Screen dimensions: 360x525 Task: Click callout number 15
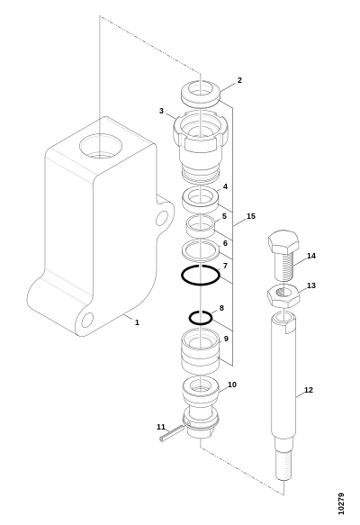(x=251, y=216)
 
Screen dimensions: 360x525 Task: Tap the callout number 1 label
(x=137, y=322)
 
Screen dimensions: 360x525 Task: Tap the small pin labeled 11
(x=172, y=433)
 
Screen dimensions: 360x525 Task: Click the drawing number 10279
(x=341, y=503)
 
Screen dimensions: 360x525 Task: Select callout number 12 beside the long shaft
(x=309, y=390)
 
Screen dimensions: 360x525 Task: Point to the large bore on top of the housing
(x=101, y=146)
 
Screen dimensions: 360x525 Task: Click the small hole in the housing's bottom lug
(x=87, y=320)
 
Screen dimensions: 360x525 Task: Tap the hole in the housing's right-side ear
(x=162, y=218)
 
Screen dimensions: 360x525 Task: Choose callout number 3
(x=161, y=111)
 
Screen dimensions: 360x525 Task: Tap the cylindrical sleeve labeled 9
(x=201, y=351)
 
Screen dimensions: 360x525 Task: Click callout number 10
(x=232, y=385)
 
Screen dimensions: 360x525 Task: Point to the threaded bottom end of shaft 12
(x=283, y=465)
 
